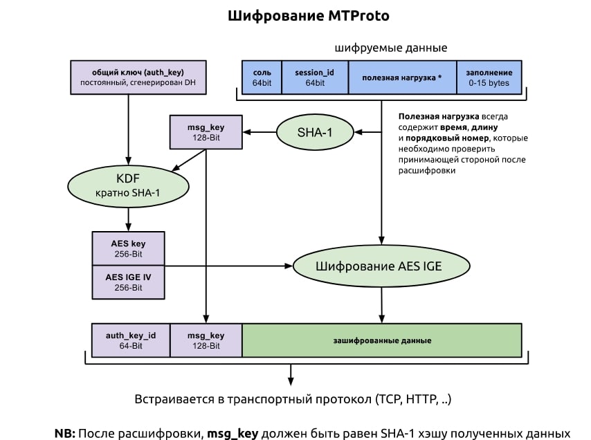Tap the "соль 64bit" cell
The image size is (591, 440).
[x=262, y=77]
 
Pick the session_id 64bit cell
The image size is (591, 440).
[x=314, y=77]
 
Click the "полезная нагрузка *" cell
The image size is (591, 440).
[x=402, y=77]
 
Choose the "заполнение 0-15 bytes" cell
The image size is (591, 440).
[x=489, y=77]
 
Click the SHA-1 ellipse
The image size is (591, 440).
[x=315, y=131]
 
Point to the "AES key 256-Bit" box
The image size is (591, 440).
[x=129, y=248]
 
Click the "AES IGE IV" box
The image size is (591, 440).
[x=129, y=282]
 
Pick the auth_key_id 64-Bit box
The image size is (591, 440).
[x=130, y=340]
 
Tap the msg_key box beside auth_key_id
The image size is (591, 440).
[x=206, y=340]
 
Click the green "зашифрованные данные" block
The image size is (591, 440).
[x=381, y=340]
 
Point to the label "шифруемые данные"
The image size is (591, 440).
[x=390, y=48]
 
